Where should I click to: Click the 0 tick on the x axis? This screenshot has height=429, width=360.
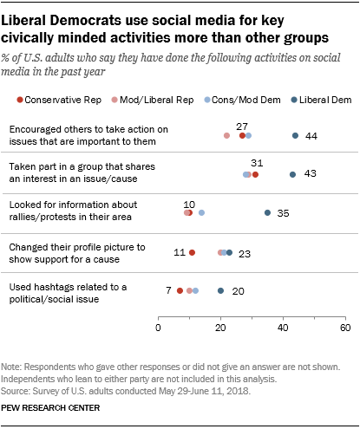coord(159,329)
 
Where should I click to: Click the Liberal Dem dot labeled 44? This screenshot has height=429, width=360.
coord(296,135)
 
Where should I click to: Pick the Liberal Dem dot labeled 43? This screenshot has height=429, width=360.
coord(292,174)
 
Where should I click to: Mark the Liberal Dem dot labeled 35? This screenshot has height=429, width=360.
coord(267,213)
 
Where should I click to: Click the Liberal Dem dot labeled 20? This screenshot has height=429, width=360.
coord(220,290)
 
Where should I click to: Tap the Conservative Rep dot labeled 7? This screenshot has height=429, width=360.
coord(180,290)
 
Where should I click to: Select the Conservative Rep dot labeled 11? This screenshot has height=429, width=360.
coord(193,252)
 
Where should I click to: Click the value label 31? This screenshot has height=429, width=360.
coord(256,163)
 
